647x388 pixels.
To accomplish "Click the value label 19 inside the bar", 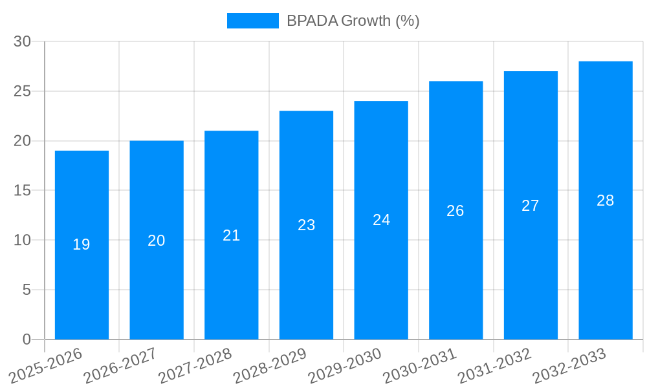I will coord(82,244).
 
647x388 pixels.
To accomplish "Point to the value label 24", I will coord(381,220).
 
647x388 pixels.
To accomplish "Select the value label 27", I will coord(531,206).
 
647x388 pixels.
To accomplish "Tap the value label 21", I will coord(231,235).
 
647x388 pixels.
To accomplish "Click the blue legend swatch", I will coord(252,21).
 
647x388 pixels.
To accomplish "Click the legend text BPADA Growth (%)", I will coord(353,21).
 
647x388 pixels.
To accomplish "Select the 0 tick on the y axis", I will coord(27,339).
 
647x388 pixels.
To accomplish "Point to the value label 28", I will coord(606,200).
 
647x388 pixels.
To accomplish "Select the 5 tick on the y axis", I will coord(27,290).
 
